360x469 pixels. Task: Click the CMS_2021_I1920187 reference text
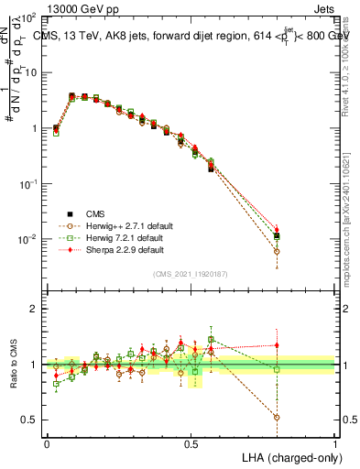coord(191,273)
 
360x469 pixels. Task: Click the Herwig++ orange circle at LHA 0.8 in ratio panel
coord(277,417)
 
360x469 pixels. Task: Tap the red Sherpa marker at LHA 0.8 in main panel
coord(277,230)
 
